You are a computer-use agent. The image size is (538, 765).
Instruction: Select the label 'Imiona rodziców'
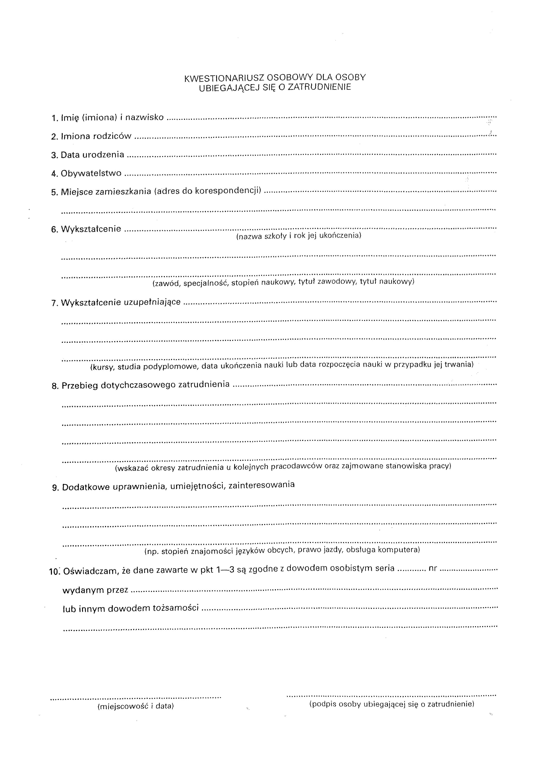pos(96,136)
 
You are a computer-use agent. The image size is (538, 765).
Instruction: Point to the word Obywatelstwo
pos(91,174)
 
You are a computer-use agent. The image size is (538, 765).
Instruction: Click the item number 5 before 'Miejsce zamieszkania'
pos(54,192)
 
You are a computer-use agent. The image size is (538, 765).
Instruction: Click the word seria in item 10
pos(384,569)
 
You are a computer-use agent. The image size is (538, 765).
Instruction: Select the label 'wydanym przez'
pos(95,590)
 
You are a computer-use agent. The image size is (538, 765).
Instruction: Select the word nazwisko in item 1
pos(144,117)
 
